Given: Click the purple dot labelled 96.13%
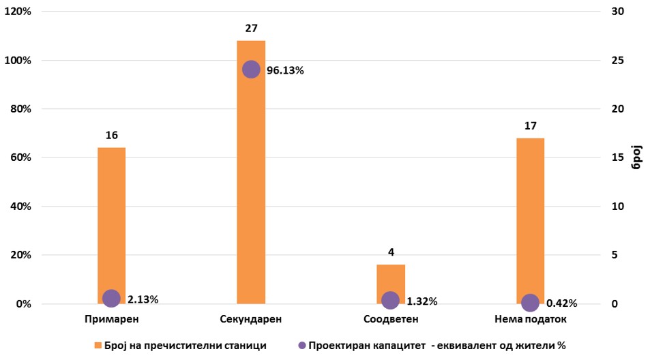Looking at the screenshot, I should (x=251, y=70).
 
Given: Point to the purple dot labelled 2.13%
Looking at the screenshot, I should (x=111, y=298).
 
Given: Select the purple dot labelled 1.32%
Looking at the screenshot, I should (x=390, y=300).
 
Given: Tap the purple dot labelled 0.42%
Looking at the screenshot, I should (x=530, y=303).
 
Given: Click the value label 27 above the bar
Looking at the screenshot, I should (x=251, y=28).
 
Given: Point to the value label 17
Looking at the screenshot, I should (x=530, y=125).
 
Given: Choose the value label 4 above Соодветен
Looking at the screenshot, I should (x=390, y=252).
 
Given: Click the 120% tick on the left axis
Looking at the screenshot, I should (x=18, y=12).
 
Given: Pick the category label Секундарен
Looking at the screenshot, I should (x=251, y=318).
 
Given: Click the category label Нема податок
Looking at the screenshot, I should (x=530, y=318).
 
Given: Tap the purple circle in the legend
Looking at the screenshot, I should (x=301, y=346).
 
